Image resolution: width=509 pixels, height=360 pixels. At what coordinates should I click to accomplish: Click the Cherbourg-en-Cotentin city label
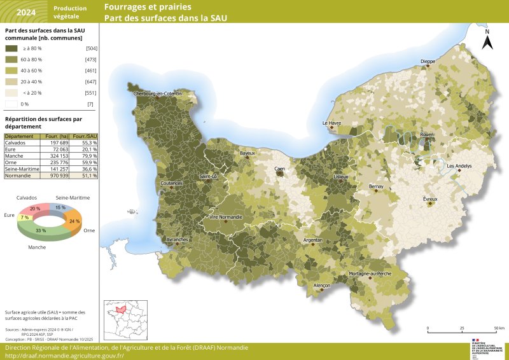158,93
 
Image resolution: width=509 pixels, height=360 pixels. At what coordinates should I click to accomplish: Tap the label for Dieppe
428,62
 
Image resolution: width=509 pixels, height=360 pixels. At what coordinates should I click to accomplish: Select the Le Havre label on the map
331,123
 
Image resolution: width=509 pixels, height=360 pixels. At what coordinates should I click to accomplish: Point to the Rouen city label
426,135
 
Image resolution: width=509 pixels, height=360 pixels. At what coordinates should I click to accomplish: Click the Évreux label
431,199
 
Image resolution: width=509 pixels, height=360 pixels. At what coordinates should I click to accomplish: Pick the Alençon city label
322,286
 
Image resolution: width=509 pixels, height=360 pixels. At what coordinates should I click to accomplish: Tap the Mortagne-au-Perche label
370,273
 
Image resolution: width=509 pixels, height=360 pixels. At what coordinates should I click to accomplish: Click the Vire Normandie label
226,218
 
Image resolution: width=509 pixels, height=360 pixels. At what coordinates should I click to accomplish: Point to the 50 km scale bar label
499,328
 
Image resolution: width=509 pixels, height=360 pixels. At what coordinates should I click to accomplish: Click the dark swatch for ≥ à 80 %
11,48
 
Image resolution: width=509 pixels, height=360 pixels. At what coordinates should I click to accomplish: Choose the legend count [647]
90,82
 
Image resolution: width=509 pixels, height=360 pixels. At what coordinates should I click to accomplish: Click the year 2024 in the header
25,12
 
